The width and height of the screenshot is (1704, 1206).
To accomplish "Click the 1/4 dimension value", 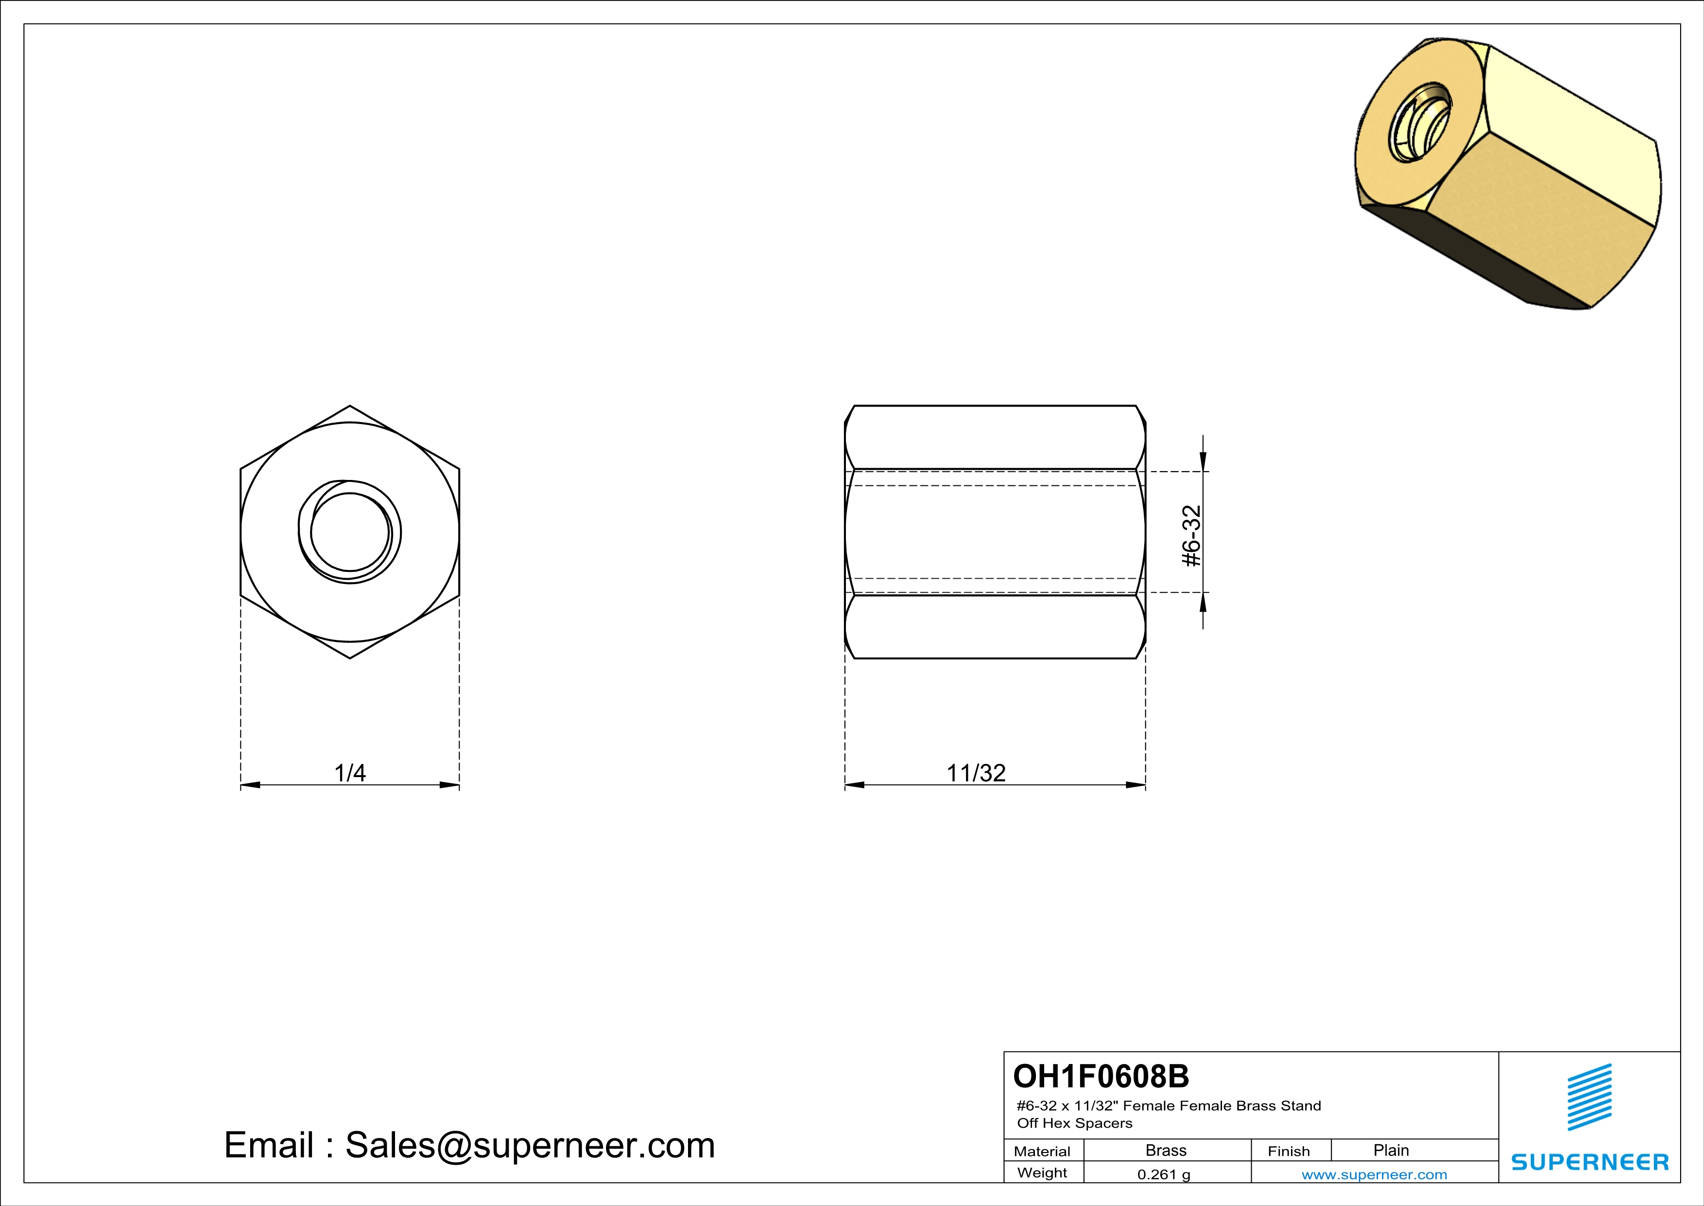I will click(349, 773).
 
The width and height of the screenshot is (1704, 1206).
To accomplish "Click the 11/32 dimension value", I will click(976, 773).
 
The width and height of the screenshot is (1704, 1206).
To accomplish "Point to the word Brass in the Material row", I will click(1166, 1150).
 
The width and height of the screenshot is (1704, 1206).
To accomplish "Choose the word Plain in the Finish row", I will click(1391, 1150).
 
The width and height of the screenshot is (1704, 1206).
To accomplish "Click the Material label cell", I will click(1042, 1151).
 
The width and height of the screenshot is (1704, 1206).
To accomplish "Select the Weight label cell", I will click(1042, 1172).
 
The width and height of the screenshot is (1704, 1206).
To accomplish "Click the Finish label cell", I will click(1289, 1151).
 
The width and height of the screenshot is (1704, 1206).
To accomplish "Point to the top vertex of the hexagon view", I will click(349, 406).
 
